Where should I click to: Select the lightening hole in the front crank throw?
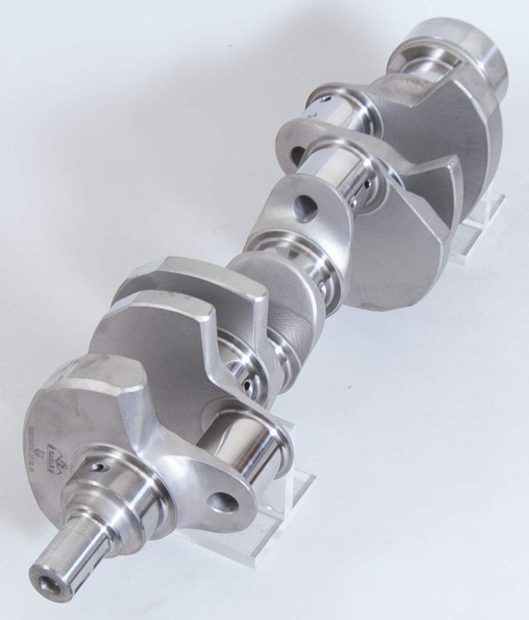click(223, 502)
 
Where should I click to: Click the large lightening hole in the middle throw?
click(305, 208)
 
